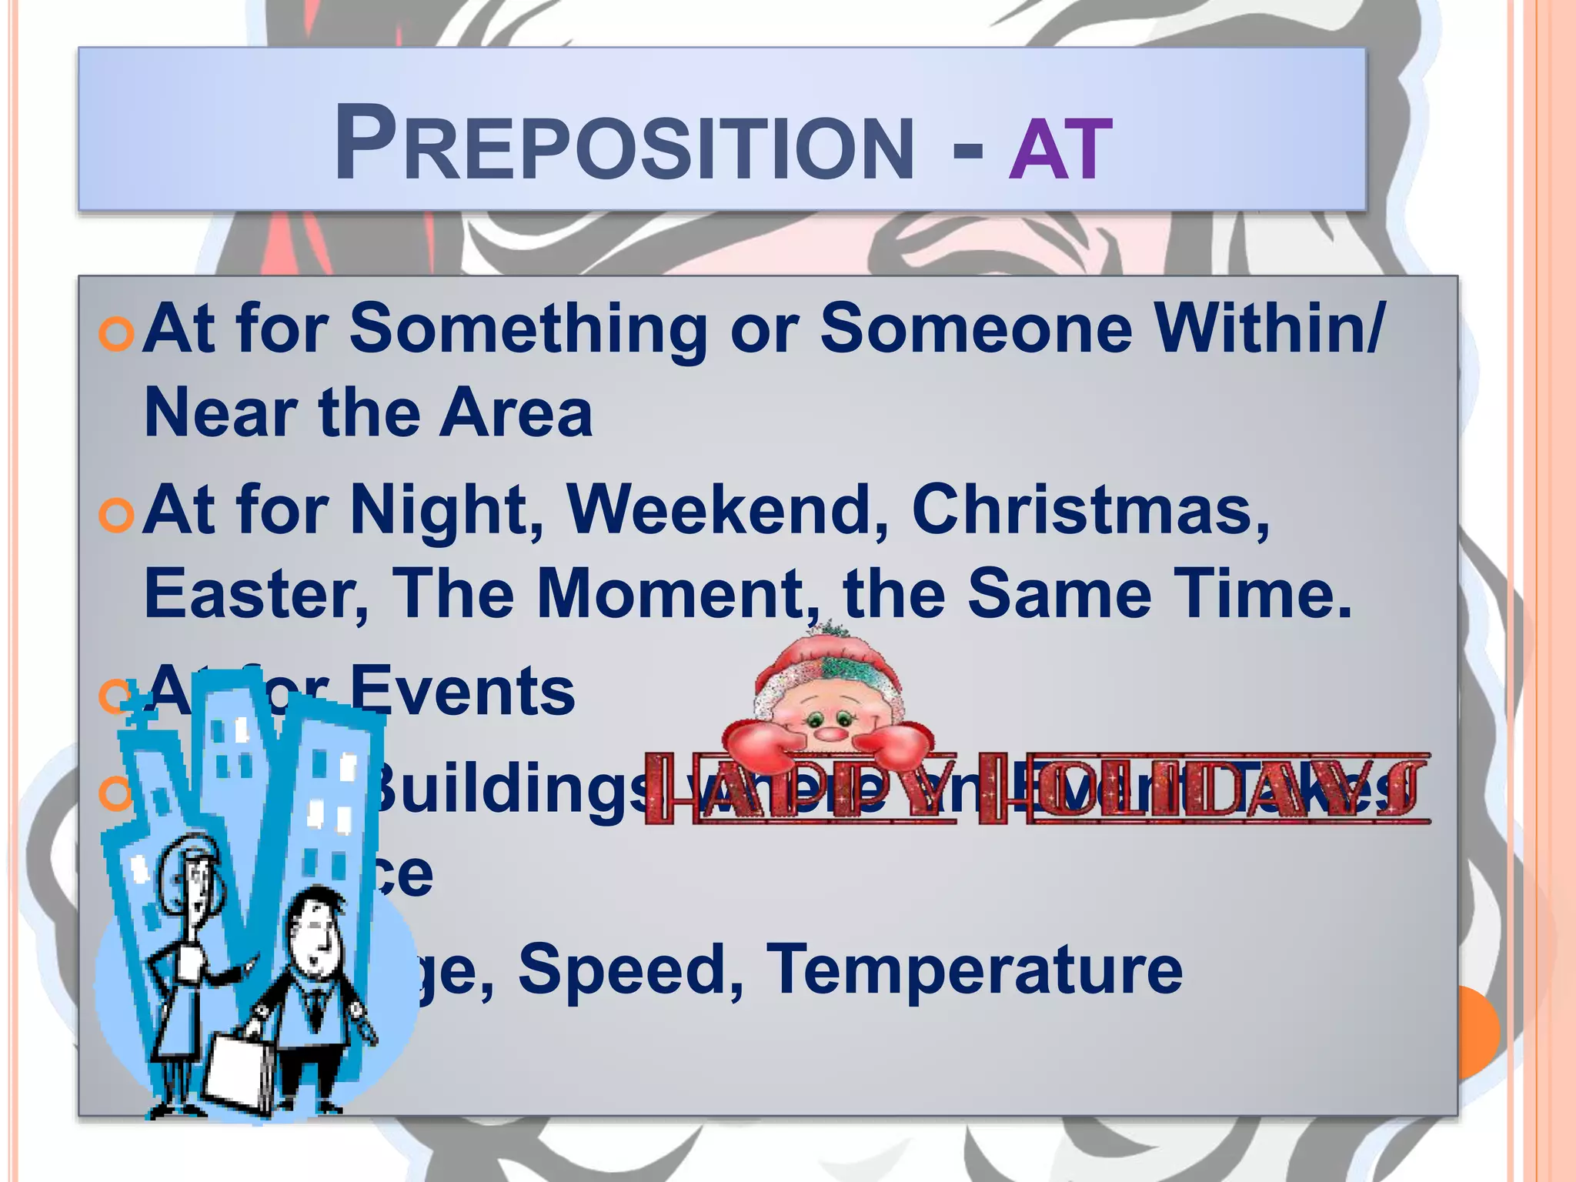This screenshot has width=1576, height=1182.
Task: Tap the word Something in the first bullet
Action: [528, 329]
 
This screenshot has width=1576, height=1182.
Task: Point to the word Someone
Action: [976, 329]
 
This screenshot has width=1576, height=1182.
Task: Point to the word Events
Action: [462, 690]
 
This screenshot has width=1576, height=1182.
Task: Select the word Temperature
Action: [974, 969]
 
